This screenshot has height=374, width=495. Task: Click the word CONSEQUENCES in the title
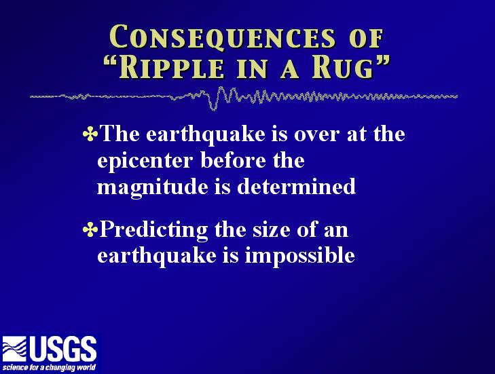(x=222, y=37)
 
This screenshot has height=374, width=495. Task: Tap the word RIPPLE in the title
(x=171, y=68)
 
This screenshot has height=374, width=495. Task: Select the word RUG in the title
(x=342, y=68)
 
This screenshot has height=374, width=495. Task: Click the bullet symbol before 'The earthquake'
(x=90, y=134)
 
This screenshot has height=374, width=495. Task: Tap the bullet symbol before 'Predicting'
(x=90, y=229)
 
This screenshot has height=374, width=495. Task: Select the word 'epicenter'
(x=145, y=161)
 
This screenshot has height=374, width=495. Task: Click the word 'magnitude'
(x=153, y=187)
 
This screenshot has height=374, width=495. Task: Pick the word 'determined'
(x=297, y=186)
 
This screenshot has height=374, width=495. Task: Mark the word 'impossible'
(x=299, y=256)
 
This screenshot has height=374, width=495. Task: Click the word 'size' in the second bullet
(x=271, y=229)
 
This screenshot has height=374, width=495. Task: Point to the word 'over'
(x=316, y=135)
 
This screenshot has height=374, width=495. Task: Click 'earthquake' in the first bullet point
(x=206, y=134)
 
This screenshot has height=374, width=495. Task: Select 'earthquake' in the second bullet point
(x=157, y=256)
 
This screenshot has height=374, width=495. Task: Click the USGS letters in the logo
(x=63, y=349)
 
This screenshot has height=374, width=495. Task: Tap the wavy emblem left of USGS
(x=14, y=349)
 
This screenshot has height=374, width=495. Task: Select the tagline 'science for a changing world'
(x=49, y=367)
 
